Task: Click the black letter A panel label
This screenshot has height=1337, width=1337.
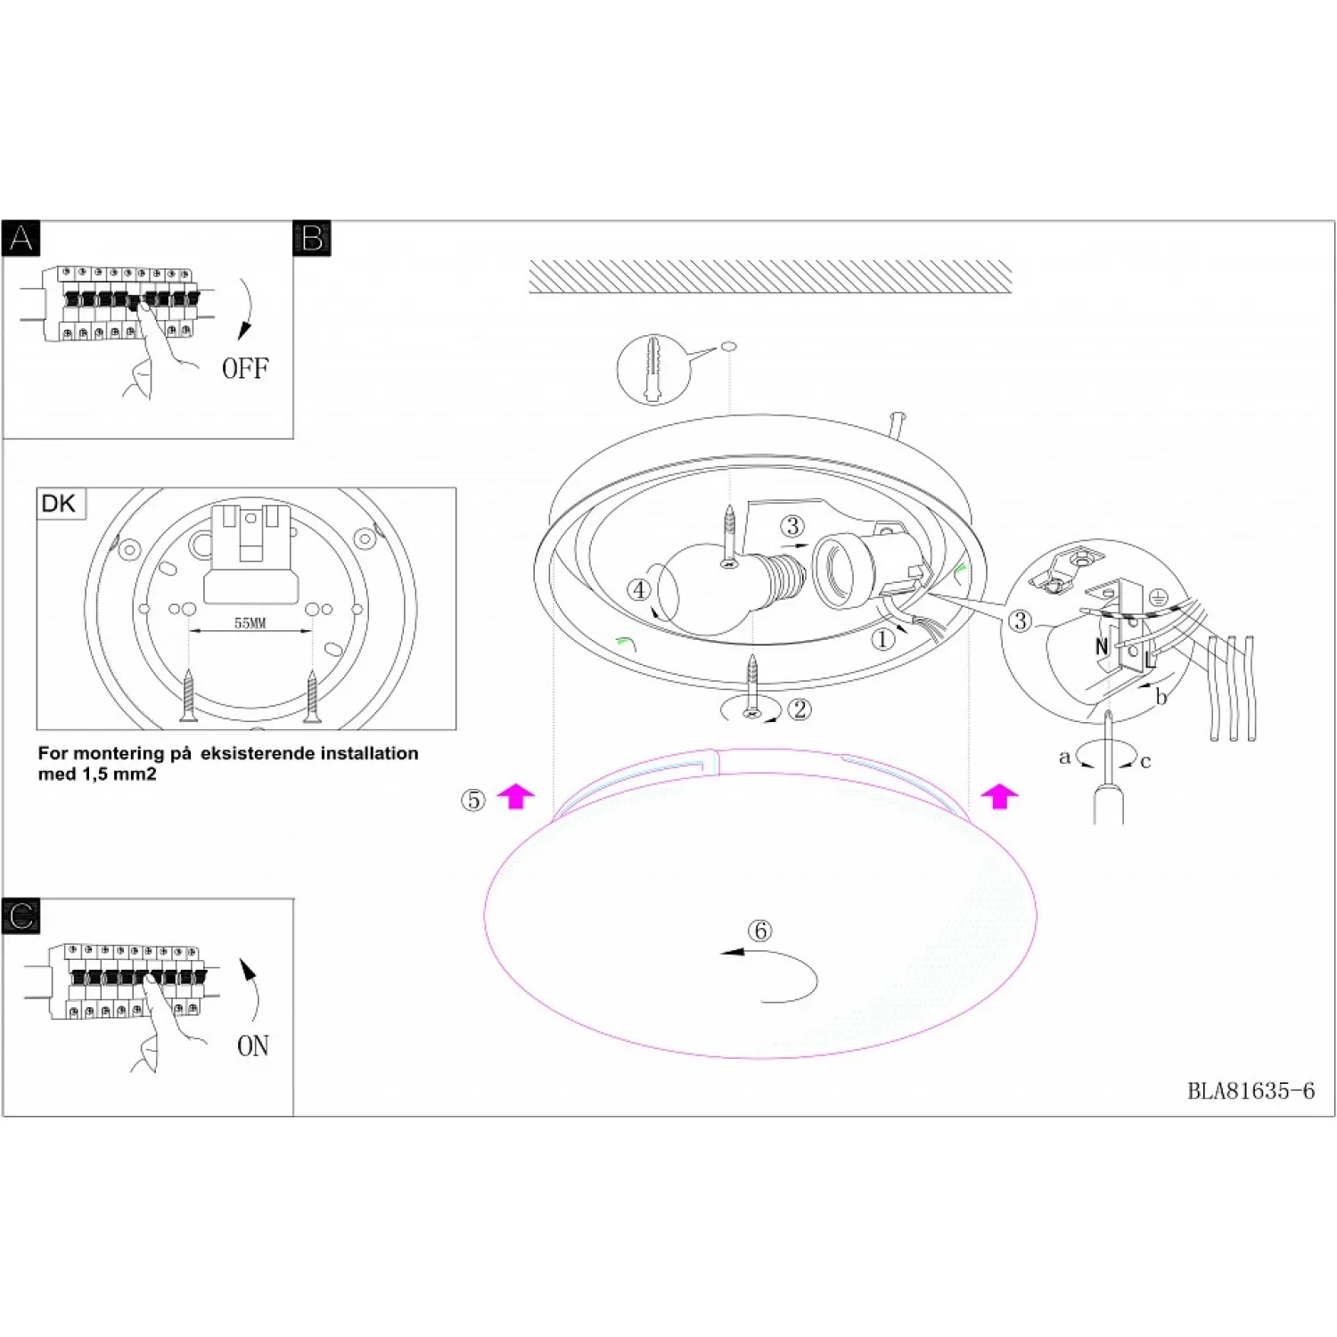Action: coord(21,239)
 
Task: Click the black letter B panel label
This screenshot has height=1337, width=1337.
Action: coord(312,239)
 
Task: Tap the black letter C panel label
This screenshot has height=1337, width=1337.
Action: coord(21,916)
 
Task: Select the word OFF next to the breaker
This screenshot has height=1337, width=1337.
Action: coord(245,368)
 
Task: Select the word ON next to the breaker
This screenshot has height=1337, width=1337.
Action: coord(253,1046)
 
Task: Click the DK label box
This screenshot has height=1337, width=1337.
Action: coord(59,504)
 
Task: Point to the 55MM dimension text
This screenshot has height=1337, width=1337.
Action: coord(250,623)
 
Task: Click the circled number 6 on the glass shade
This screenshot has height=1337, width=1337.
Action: coord(759,931)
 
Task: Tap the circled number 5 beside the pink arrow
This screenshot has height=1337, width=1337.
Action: coord(473,800)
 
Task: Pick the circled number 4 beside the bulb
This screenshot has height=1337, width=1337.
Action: coord(639,589)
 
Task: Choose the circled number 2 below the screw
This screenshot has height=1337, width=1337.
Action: coord(800,710)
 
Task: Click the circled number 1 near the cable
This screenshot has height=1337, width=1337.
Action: coord(882,639)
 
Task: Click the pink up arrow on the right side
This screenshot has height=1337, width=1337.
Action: coord(999,796)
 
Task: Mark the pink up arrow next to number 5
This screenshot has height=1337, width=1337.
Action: coord(515,796)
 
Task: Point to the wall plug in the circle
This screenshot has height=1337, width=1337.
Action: coord(653,369)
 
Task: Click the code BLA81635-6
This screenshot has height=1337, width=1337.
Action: coord(1251,1091)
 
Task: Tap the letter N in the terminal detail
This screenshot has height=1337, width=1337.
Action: coord(1102,646)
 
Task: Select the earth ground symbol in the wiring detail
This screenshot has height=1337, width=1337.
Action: coord(1158,597)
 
